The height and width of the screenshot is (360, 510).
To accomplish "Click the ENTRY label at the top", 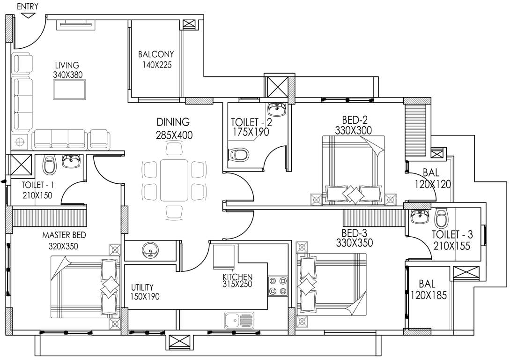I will (x=28, y=6).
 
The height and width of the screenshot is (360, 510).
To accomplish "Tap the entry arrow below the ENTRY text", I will (x=28, y=15).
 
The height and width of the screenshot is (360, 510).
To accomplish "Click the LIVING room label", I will (x=67, y=65).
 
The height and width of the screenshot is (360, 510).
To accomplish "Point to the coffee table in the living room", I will (x=70, y=89).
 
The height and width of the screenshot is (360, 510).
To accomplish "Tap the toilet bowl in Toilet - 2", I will (x=238, y=154).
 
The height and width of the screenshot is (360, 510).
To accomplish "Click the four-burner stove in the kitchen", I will (x=277, y=286).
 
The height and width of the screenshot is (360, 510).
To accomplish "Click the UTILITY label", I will (x=142, y=287).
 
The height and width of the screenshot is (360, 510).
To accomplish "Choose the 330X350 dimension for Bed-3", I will (x=355, y=243).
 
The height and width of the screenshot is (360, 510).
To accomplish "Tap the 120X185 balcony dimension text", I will (x=428, y=295).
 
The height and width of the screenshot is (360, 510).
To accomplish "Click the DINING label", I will (x=173, y=122).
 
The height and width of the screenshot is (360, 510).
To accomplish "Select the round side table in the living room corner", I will (x=20, y=141).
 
